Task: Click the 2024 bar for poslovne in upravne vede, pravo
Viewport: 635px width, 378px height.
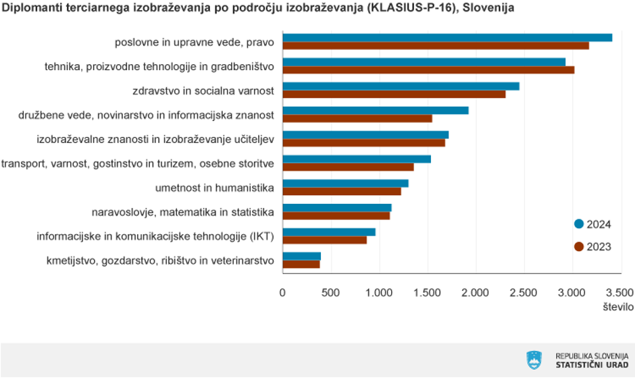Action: pyautogui.click(x=447, y=38)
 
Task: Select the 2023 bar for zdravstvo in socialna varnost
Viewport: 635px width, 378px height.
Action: pyautogui.click(x=394, y=94)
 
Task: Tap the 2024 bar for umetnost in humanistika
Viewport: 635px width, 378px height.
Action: pyautogui.click(x=345, y=184)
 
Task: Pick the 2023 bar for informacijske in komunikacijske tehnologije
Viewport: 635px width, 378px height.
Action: pyautogui.click(x=324, y=240)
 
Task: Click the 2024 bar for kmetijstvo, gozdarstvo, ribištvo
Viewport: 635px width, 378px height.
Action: pyautogui.click(x=301, y=256)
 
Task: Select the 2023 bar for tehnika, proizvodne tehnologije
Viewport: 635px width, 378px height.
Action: pyautogui.click(x=428, y=70)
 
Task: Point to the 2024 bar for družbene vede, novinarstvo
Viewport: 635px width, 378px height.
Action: pyautogui.click(x=375, y=111)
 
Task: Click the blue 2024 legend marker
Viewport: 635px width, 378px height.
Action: pyautogui.click(x=578, y=224)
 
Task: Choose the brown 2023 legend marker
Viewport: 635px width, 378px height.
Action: pyautogui.click(x=578, y=247)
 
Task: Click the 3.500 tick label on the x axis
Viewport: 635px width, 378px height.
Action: pyautogui.click(x=619, y=293)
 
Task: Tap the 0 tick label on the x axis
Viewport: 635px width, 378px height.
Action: pyautogui.click(x=282, y=293)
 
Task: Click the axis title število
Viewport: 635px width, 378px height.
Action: pyautogui.click(x=618, y=306)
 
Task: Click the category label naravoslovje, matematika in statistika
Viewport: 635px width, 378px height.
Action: pyautogui.click(x=182, y=213)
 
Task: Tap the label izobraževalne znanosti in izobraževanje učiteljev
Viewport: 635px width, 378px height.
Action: pyautogui.click(x=155, y=139)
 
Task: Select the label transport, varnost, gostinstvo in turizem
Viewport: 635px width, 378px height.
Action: pyautogui.click(x=137, y=163)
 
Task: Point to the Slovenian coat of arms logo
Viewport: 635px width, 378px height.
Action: pyautogui.click(x=534, y=360)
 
